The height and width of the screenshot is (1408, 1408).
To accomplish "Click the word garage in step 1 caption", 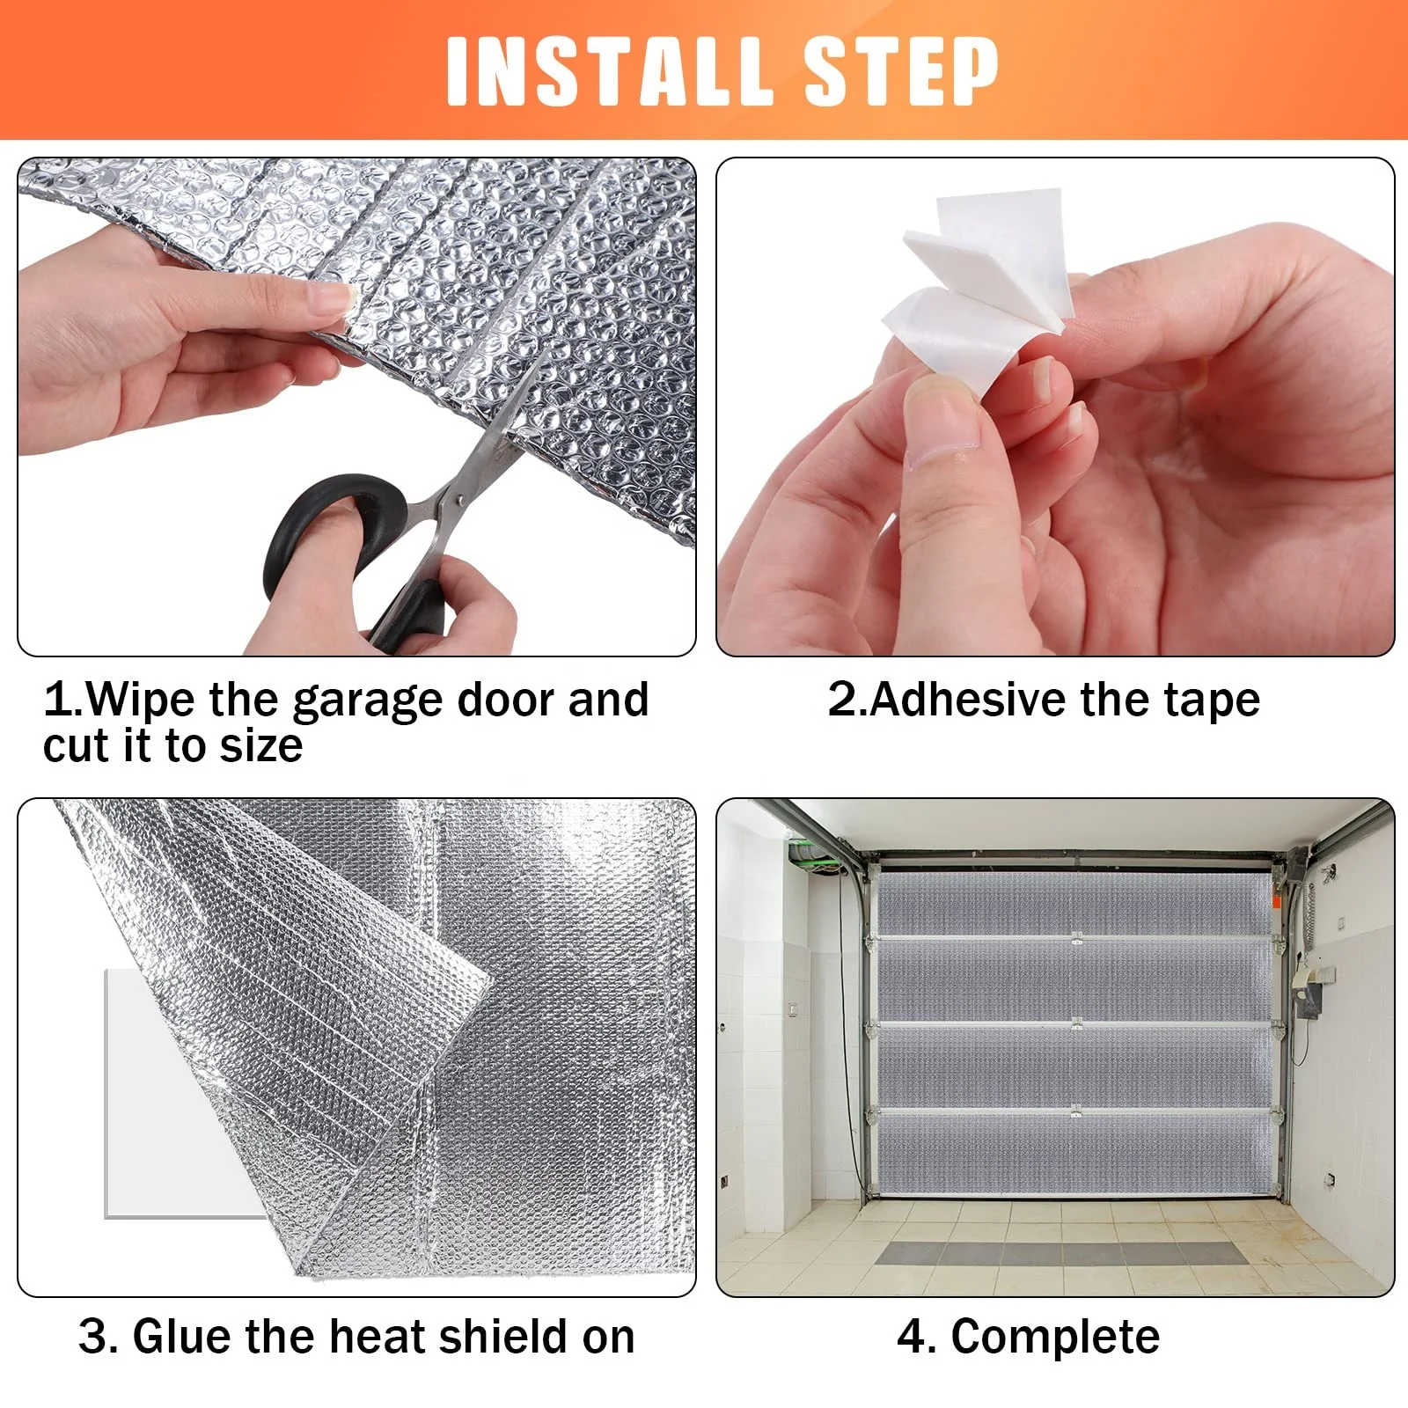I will (367, 702).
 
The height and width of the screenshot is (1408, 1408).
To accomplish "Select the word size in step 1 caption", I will (260, 746).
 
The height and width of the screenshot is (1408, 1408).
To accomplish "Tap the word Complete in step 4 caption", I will (1055, 1337).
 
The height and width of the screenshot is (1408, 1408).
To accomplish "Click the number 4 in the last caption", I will (912, 1337).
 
